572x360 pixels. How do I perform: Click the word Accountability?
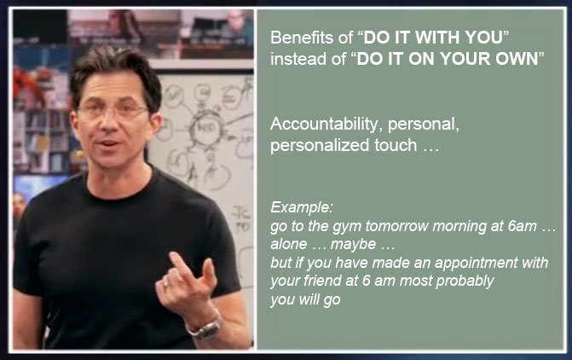(326, 125)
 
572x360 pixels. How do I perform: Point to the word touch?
(396, 145)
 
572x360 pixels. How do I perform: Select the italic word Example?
(301, 207)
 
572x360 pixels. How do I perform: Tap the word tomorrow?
(397, 226)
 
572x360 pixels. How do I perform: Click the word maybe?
(353, 245)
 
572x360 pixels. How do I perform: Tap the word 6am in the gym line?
(522, 226)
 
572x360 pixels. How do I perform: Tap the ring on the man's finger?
(165, 284)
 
